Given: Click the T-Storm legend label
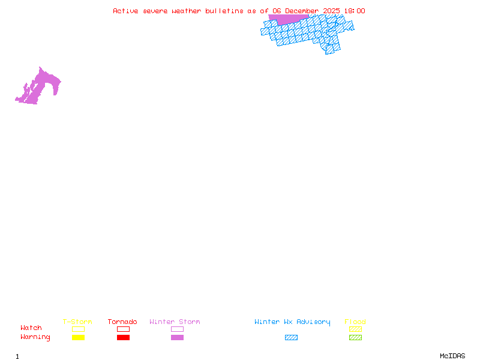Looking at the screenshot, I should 77,322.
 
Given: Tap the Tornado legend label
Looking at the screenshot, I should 122,322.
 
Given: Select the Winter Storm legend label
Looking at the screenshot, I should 175,322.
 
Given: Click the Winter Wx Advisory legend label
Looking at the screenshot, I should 292,322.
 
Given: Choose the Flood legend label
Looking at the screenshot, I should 355,322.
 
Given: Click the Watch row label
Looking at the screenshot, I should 31,328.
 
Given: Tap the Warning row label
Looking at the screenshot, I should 35,337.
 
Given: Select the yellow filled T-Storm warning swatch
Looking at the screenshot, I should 78,338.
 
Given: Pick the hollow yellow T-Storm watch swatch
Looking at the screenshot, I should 78,329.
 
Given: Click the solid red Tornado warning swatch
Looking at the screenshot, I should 123,338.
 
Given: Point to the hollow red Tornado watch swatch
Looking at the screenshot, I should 123,329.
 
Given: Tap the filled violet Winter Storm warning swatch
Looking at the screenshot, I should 177,338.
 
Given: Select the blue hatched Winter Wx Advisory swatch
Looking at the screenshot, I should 291,338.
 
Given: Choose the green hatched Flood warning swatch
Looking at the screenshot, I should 355,338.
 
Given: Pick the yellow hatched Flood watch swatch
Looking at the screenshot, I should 355,329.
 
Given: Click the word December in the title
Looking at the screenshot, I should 302,11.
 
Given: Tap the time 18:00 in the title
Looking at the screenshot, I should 354,11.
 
